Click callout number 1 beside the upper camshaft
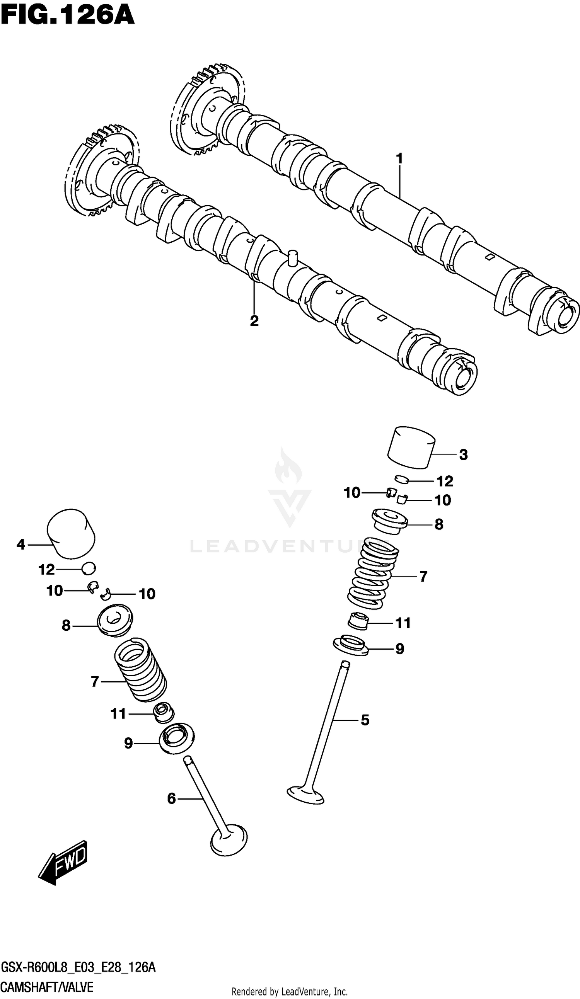point(399,158)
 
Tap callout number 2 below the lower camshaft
point(254,321)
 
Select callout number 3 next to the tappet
point(463,455)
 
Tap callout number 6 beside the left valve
point(171,798)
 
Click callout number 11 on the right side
point(403,623)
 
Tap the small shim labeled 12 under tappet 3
point(401,480)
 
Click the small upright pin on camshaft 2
point(293,258)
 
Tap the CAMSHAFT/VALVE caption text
point(47,987)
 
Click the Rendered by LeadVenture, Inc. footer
point(290,992)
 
